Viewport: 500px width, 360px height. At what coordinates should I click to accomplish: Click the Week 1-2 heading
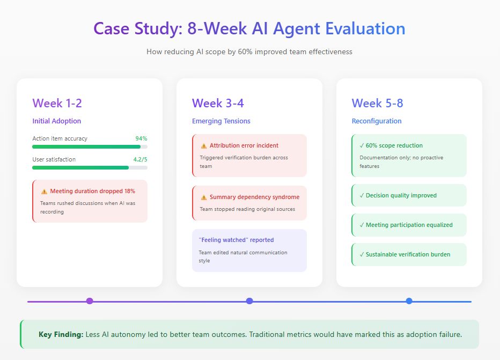[x=57, y=103]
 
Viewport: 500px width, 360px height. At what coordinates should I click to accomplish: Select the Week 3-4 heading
[x=218, y=103]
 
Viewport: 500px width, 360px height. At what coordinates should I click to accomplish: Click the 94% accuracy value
[x=141, y=138]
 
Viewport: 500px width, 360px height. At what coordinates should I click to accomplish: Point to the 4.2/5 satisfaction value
[x=140, y=159]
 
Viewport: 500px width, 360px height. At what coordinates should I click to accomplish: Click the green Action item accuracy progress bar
[x=86, y=146]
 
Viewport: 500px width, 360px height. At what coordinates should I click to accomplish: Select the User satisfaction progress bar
[x=80, y=167]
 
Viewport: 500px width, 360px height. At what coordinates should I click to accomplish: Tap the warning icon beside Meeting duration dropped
[x=44, y=192]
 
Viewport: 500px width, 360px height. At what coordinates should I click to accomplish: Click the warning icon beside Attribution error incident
[x=204, y=146]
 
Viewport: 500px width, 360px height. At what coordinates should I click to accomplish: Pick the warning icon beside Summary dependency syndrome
[x=204, y=197]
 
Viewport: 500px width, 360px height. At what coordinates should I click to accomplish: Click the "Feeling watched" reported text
[x=237, y=240]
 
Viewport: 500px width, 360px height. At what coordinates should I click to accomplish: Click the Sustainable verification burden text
[x=408, y=254]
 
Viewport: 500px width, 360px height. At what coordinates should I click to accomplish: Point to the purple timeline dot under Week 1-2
[x=90, y=301]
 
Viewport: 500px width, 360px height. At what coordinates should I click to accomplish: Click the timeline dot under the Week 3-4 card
[x=249, y=301]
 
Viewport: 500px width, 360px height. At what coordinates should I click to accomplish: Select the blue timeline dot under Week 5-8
[x=409, y=301]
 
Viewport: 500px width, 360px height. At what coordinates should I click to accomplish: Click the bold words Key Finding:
[x=61, y=334]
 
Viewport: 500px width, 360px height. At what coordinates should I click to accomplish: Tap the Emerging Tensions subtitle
[x=221, y=121]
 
